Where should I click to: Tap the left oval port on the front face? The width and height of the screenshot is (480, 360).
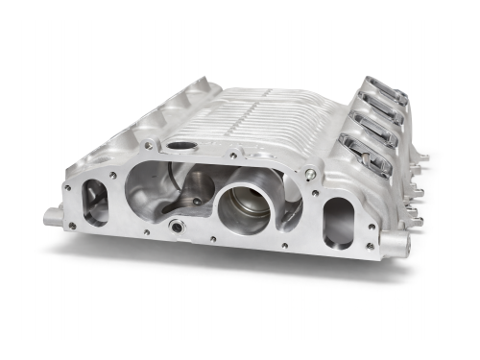click(x=97, y=202)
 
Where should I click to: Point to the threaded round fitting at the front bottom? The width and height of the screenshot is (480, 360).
click(x=177, y=227)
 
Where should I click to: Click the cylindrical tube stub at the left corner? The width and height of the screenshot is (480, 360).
click(x=53, y=216)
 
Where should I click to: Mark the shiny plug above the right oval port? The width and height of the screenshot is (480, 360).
click(x=309, y=175)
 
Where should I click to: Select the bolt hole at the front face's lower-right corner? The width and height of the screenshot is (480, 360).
click(x=371, y=247)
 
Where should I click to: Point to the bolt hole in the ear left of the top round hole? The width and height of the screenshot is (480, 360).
click(x=148, y=144)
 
